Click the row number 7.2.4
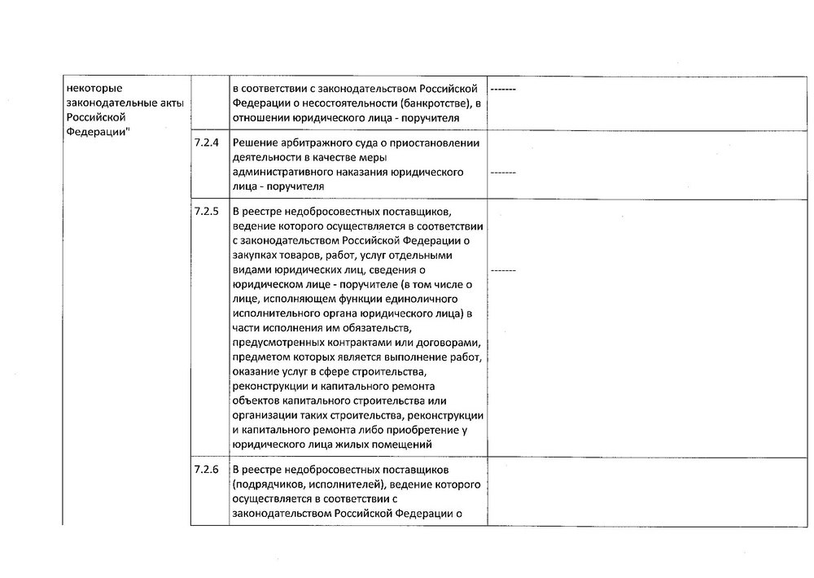(x=207, y=142)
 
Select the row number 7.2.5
(x=207, y=212)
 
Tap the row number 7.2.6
(x=207, y=470)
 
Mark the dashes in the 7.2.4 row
(x=502, y=173)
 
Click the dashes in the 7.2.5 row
(x=502, y=269)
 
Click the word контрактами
(x=366, y=343)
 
